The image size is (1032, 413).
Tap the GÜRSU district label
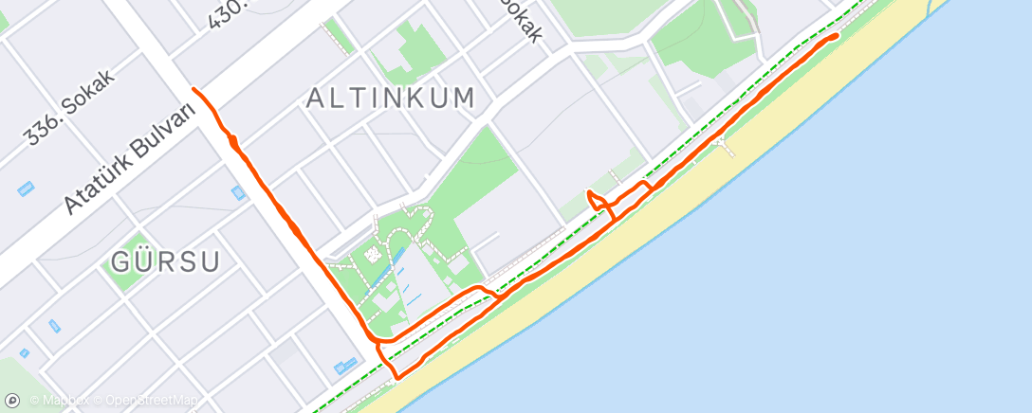(x=166, y=261)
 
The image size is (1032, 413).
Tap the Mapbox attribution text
(x=65, y=402)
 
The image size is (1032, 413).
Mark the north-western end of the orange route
(x=194, y=89)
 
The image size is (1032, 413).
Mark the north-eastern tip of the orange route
(x=837, y=35)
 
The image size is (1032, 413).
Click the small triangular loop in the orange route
(x=597, y=200)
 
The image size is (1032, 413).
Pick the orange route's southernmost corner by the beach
(x=396, y=377)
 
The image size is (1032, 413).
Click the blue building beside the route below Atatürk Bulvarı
(x=237, y=192)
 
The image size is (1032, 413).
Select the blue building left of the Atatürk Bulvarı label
(x=26, y=189)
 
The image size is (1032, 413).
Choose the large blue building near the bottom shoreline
(x=343, y=367)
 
